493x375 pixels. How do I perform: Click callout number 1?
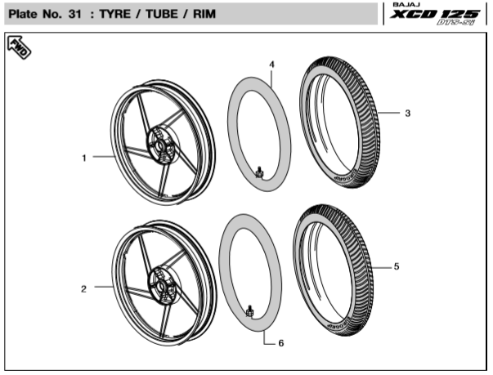83,158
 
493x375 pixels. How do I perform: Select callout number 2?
83,288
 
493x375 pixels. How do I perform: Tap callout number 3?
407,114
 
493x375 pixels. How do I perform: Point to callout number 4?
271,64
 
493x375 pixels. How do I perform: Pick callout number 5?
397,266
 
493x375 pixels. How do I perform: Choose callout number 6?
280,344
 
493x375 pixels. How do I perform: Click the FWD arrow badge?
19,48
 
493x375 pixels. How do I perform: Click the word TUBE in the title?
162,15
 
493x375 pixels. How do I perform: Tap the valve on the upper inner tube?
259,172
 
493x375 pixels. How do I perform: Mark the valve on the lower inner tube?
250,311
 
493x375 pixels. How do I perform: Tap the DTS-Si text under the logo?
460,25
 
